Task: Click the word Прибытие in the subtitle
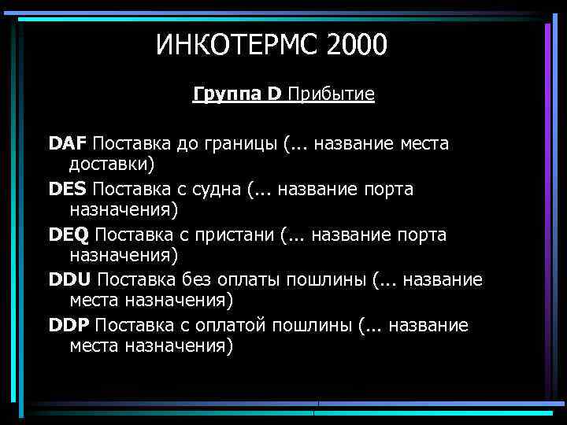click(x=331, y=95)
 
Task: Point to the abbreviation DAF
click(x=69, y=144)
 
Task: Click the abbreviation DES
click(x=69, y=190)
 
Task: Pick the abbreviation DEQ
click(x=69, y=235)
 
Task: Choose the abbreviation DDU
click(x=70, y=280)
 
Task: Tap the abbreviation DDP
click(x=69, y=326)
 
